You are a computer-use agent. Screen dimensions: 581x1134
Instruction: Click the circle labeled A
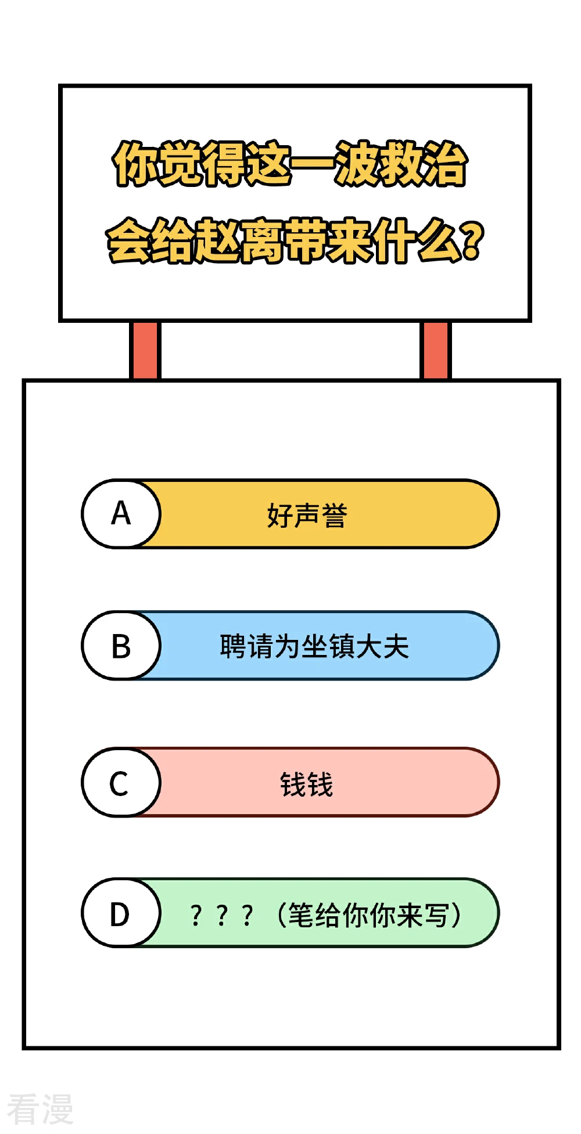(x=121, y=514)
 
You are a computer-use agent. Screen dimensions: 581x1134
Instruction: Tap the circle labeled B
(x=121, y=646)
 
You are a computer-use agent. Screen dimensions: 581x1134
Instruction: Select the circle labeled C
(x=121, y=783)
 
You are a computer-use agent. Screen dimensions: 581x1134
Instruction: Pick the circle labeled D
(x=121, y=913)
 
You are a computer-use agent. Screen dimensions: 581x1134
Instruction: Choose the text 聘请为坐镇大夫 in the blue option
(x=314, y=646)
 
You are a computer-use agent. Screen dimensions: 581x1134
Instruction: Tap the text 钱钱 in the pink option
(x=306, y=784)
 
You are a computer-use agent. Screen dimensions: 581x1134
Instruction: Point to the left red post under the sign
(x=145, y=350)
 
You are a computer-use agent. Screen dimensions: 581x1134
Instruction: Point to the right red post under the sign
(x=435, y=350)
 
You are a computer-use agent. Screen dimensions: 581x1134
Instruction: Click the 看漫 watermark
(x=40, y=1109)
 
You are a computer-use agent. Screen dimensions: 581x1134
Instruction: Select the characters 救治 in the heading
(x=423, y=163)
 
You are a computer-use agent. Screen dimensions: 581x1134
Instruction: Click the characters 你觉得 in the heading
(x=180, y=163)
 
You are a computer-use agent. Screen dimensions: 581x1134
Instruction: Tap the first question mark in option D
(x=196, y=916)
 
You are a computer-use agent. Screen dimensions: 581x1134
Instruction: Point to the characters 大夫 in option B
(x=383, y=646)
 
